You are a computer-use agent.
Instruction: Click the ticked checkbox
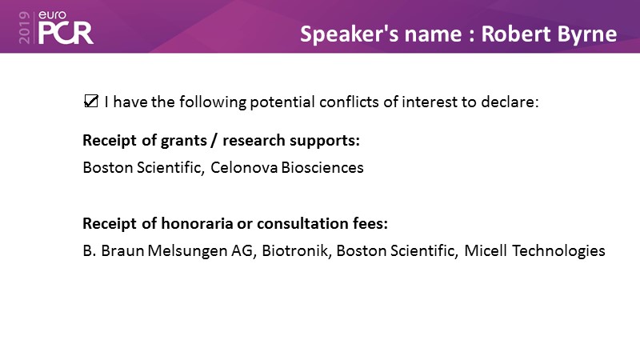click(91, 101)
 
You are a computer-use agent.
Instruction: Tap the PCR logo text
click(66, 33)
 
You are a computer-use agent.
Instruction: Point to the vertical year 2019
click(25, 27)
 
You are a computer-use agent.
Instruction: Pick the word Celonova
click(244, 167)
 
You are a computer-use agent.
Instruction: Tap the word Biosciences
click(322, 167)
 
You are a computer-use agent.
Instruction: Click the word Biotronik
click(296, 250)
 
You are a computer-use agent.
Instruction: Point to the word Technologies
click(558, 251)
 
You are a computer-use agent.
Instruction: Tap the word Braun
click(122, 250)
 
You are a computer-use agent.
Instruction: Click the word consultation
click(302, 223)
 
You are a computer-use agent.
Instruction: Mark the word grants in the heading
click(184, 142)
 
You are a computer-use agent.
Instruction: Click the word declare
click(510, 102)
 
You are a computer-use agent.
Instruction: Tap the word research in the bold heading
click(254, 141)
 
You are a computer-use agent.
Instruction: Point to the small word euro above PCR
click(52, 15)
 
